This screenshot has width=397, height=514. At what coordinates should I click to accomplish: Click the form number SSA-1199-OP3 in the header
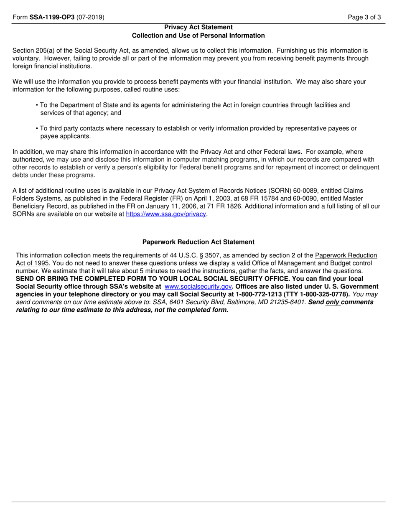[x=51, y=18]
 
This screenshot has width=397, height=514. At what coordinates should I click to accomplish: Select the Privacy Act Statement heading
[x=198, y=27]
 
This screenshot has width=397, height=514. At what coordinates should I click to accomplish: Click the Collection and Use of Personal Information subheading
[x=198, y=36]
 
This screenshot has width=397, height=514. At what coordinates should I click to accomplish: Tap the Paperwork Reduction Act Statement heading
[x=198, y=242]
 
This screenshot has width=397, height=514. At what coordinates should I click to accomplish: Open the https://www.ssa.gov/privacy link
[x=166, y=214]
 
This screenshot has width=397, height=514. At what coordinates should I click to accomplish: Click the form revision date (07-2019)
[x=91, y=18]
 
